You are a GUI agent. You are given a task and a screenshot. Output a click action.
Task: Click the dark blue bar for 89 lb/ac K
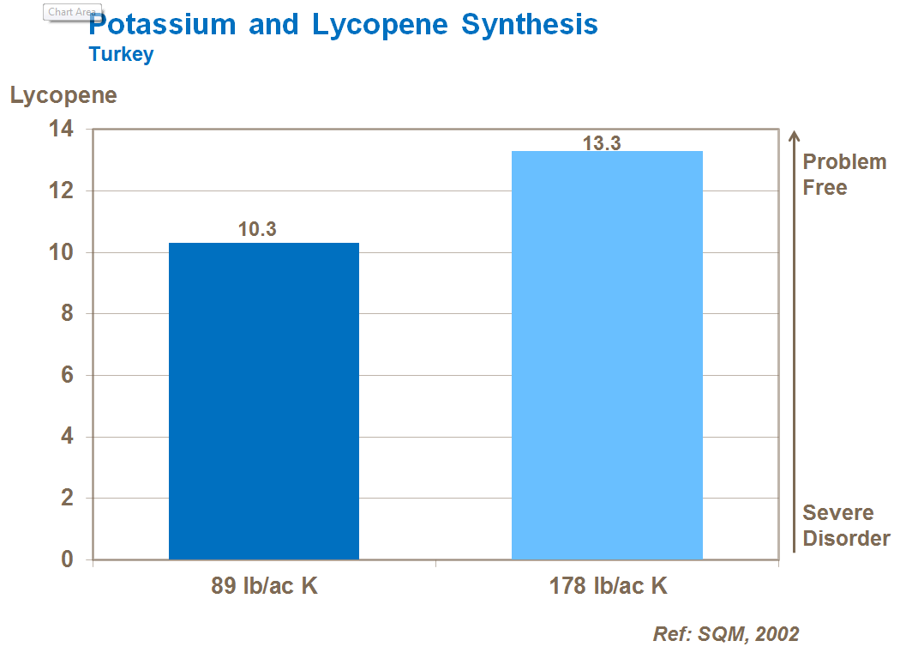(264, 401)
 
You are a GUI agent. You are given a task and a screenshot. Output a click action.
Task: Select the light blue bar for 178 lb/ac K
(607, 355)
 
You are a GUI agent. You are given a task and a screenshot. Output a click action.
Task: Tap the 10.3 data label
(257, 230)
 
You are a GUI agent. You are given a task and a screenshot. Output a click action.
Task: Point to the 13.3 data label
(602, 143)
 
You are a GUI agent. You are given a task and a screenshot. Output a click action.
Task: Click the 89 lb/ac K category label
(265, 587)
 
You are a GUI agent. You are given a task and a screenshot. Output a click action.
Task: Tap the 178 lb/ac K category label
(608, 587)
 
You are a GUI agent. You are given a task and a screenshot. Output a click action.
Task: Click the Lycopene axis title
(63, 95)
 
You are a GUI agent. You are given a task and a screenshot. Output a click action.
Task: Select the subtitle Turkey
(121, 54)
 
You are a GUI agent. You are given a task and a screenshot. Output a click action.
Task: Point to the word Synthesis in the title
(529, 25)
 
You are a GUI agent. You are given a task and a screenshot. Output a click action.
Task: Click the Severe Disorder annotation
(845, 525)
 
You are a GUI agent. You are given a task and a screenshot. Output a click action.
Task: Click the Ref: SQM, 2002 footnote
(726, 634)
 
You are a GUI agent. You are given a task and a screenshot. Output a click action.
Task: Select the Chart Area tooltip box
(72, 12)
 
